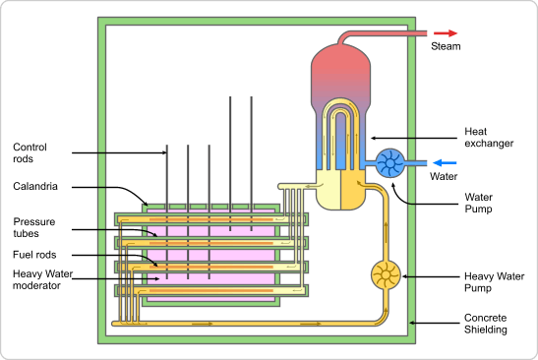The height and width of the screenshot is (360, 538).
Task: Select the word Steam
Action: click(x=446, y=46)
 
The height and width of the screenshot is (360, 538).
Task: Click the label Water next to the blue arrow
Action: click(x=445, y=178)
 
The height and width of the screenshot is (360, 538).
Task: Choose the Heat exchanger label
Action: click(x=490, y=137)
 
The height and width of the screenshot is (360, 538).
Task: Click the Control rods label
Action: click(x=30, y=153)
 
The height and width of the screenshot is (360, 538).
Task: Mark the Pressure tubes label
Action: click(x=34, y=226)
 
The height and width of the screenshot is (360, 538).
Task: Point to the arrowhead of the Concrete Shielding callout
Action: click(x=411, y=321)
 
